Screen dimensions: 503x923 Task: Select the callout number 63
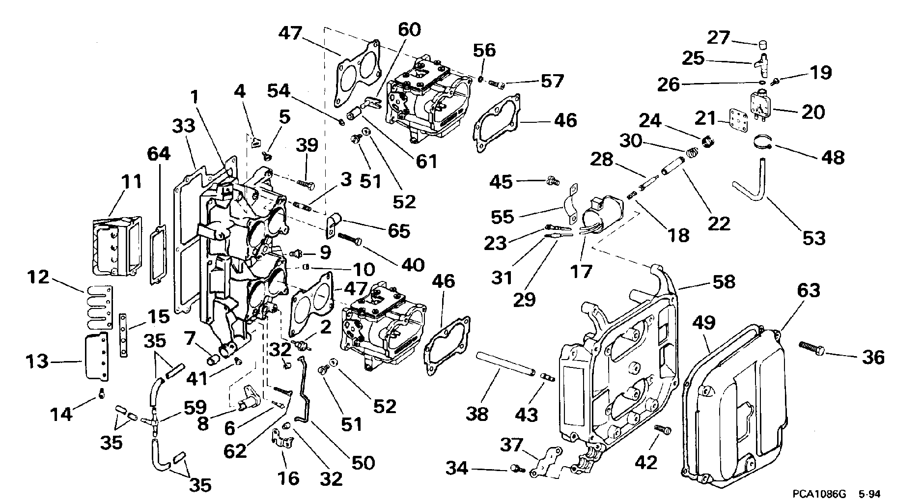809,290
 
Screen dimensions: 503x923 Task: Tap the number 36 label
873,357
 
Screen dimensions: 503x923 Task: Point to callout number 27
719,38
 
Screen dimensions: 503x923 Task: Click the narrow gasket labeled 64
158,255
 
